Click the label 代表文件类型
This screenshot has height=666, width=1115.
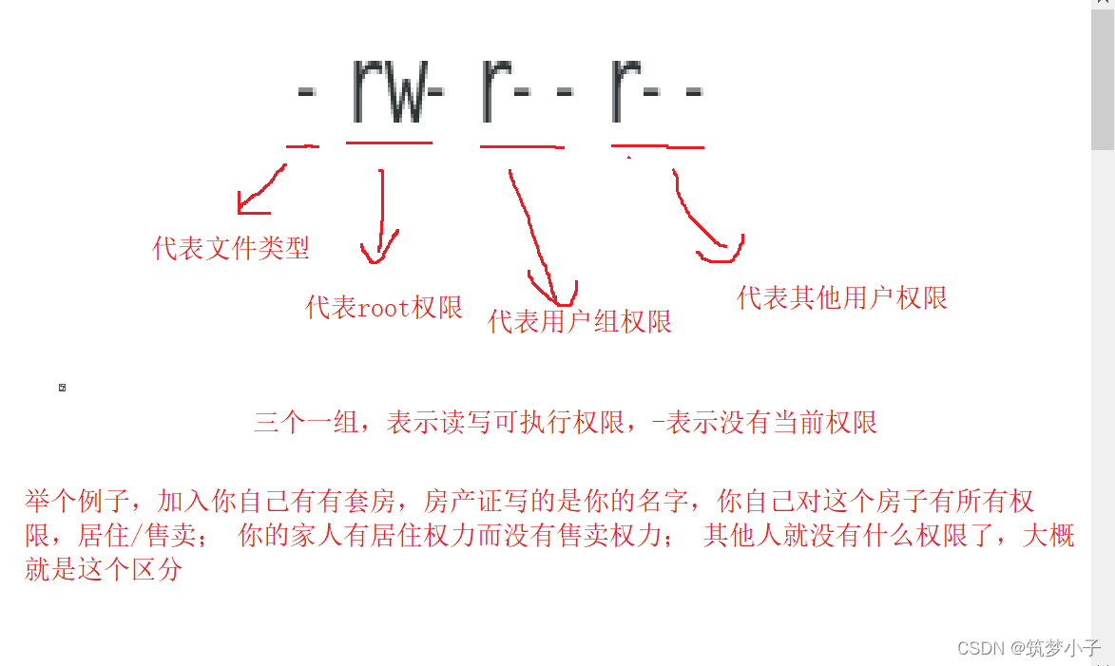click(x=231, y=249)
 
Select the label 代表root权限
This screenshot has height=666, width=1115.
click(x=384, y=308)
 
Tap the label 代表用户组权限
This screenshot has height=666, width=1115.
click(x=580, y=322)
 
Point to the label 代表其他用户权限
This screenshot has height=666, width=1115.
click(x=842, y=298)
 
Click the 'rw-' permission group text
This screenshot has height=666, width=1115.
click(x=397, y=92)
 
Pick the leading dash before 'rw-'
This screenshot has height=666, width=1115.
click(x=306, y=93)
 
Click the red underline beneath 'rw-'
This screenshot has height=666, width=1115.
click(x=390, y=143)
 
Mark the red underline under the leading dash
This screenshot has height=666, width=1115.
click(x=302, y=146)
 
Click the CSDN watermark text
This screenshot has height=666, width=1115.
click(x=1028, y=648)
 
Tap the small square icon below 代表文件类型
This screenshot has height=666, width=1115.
click(x=63, y=388)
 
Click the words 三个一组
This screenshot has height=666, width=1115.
click(x=296, y=423)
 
